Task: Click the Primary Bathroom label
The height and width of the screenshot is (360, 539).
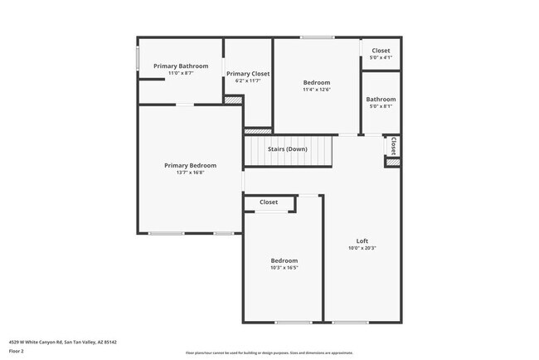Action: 181,66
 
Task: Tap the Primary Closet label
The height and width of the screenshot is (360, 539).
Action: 249,73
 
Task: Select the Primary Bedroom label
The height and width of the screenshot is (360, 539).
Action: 190,165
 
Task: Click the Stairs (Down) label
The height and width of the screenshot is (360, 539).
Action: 287,149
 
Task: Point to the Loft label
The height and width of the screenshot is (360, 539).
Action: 362,241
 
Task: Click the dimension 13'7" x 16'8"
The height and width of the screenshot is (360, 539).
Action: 190,173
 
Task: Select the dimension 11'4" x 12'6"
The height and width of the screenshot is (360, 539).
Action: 316,90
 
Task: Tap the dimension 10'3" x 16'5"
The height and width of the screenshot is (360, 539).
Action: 283,268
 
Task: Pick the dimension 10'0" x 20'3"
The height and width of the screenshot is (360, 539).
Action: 362,249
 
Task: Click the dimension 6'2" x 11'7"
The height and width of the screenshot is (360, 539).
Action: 249,80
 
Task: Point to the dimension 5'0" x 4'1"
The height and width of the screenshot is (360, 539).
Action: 381,58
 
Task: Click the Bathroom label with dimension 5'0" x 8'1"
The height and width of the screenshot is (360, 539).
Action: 381,99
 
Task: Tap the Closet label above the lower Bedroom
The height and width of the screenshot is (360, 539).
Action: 269,202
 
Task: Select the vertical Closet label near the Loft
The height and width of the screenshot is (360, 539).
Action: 393,146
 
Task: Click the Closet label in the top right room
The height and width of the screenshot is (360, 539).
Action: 381,51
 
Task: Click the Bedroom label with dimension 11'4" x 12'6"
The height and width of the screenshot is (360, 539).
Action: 316,82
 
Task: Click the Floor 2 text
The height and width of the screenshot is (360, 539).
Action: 17,351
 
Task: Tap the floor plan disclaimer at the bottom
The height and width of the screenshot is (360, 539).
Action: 269,352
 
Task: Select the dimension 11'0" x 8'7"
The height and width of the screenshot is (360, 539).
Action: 181,73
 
